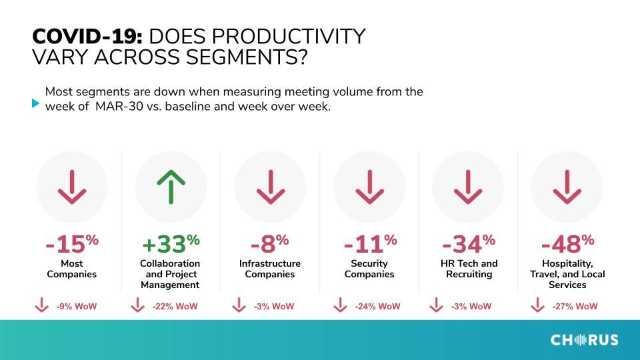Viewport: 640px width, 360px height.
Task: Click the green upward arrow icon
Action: [171, 187]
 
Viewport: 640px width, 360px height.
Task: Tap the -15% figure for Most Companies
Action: [72, 244]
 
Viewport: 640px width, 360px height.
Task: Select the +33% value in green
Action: [171, 244]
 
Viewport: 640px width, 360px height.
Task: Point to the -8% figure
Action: [269, 244]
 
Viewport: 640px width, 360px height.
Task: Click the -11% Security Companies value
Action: [370, 244]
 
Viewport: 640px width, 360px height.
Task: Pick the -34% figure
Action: [469, 244]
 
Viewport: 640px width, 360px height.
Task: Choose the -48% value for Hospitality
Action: [567, 244]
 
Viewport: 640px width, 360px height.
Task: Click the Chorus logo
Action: [584, 339]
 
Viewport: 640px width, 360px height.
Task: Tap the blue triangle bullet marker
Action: [35, 103]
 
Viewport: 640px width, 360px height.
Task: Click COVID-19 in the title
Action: [87, 36]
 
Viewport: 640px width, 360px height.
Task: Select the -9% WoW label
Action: [76, 306]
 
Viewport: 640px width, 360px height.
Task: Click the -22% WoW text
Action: [175, 306]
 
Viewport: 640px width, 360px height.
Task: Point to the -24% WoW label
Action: [377, 306]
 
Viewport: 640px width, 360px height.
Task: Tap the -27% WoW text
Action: [575, 306]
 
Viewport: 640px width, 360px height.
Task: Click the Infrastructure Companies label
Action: [270, 269]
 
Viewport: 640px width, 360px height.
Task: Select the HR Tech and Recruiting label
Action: [469, 269]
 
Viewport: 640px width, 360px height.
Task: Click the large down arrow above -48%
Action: [567, 187]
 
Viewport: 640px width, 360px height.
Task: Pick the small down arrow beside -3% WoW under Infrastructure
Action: [239, 305]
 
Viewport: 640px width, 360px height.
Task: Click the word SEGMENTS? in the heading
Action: [246, 57]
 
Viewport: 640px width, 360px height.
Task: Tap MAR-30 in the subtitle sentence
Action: [119, 107]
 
